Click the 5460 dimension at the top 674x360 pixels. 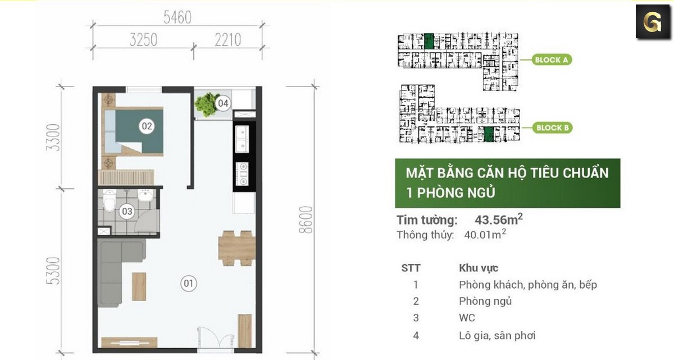point(177,18)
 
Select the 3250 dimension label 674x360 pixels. point(143,40)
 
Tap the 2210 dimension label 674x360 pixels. point(227,40)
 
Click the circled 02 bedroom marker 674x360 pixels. point(147,126)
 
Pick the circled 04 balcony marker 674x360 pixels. point(223,103)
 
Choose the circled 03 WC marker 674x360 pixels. point(127,212)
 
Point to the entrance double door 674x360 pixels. point(215,339)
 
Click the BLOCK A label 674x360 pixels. point(552,60)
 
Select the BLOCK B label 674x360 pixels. point(553,128)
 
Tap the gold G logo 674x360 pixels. point(653,22)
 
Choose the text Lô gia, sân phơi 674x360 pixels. point(497,335)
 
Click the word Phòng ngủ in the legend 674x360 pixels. point(485,301)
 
